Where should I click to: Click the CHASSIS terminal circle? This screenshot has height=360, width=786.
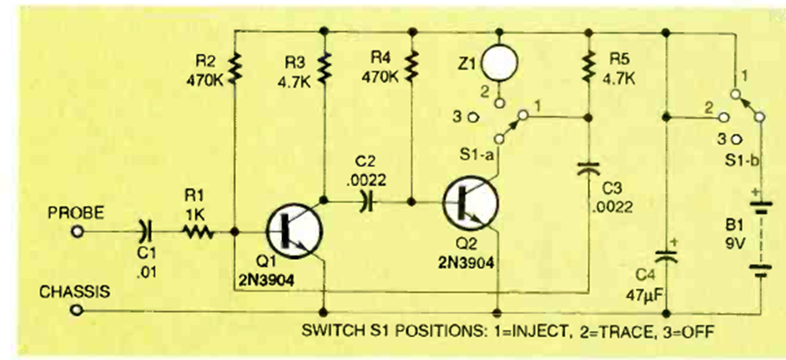[77, 310]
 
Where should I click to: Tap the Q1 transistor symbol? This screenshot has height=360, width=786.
[293, 231]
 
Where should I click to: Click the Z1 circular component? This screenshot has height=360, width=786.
[502, 61]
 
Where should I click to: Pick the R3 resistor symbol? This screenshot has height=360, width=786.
[326, 67]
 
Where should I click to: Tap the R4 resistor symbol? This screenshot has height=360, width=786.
[412, 67]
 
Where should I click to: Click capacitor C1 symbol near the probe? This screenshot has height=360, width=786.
[145, 232]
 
